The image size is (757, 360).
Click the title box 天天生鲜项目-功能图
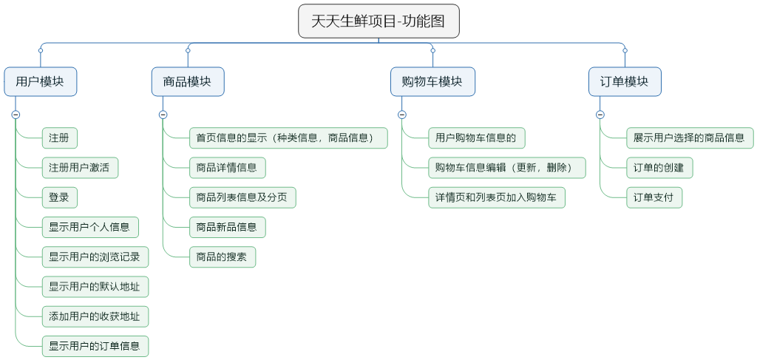coord(378,21)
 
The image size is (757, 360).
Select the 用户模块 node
coord(40,82)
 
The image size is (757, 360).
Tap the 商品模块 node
coord(188,82)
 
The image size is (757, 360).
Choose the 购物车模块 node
coord(432,82)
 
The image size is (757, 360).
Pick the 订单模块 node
coord(625,82)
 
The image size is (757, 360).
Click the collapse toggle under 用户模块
coord(16,115)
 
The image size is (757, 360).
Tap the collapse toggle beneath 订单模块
coord(600,115)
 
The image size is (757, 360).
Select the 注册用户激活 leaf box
coord(80,168)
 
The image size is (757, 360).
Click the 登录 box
coord(59,197)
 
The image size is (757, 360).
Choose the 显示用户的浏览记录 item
coord(95,257)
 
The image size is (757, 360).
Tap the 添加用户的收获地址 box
coord(95,316)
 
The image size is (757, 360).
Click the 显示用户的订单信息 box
coord(95,346)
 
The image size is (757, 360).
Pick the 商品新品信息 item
coord(227,227)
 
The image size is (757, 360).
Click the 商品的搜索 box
coord(223,257)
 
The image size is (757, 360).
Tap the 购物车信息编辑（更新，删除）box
coord(506,168)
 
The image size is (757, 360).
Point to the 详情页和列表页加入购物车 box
coord(496,197)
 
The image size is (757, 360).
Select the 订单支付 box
coord(654,197)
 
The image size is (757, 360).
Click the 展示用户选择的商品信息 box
coord(689,137)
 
